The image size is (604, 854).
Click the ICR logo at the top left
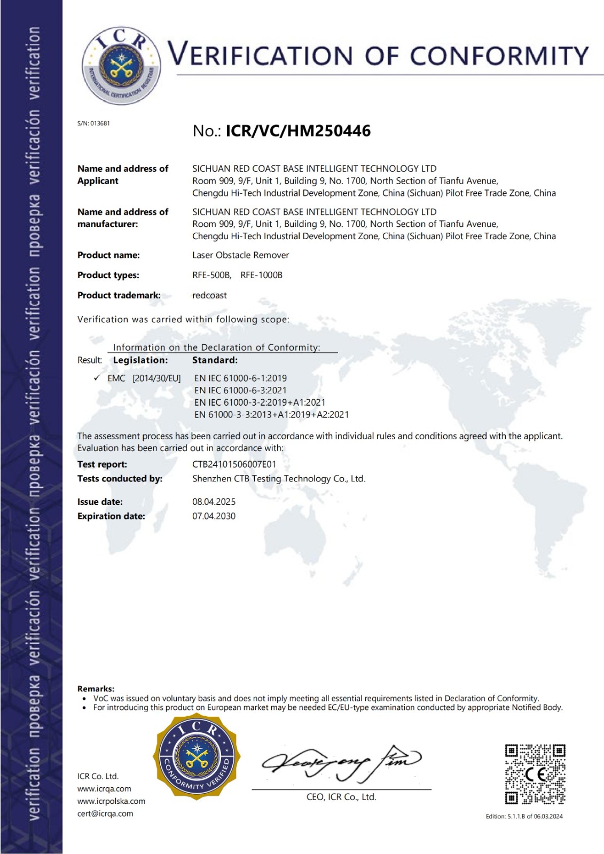121,65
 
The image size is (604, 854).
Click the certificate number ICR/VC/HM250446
298,131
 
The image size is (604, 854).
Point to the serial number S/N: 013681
93,123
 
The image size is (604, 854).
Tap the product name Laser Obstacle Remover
240,255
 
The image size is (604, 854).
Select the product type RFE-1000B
261,275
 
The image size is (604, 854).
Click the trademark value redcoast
209,295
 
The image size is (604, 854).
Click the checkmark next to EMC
97,378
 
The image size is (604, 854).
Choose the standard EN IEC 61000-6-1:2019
240,378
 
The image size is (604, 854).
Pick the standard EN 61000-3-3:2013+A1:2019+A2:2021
271,414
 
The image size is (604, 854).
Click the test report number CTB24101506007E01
234,464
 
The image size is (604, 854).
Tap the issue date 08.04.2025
214,502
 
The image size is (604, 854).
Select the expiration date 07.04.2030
214,516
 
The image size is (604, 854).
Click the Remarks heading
96,689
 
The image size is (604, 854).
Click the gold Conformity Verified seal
197,757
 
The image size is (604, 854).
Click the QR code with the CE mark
535,774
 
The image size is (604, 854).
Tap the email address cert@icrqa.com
105,813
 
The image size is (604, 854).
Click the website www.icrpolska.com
111,801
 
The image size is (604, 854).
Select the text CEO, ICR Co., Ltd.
341,797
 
